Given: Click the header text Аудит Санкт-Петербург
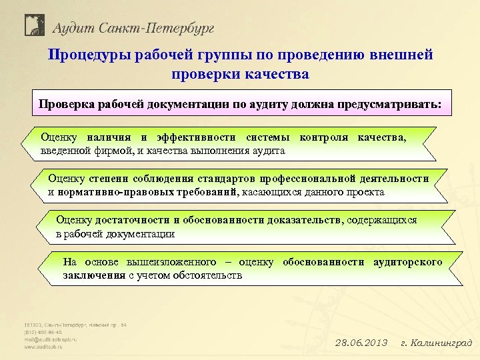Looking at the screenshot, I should click(x=133, y=27).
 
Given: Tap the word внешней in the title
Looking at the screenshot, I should click(x=403, y=55).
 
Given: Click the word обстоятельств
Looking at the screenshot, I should click(x=207, y=275).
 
